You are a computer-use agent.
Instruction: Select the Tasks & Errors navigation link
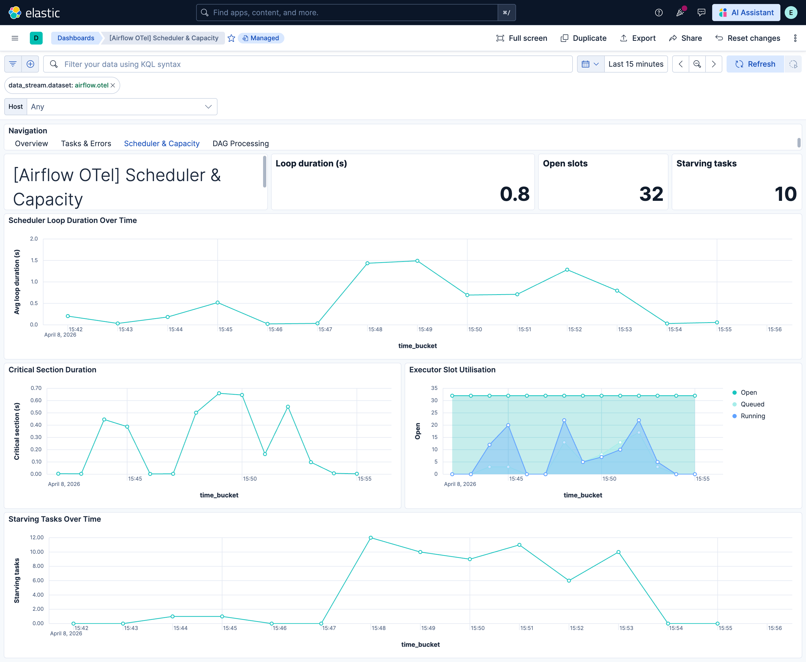tap(86, 143)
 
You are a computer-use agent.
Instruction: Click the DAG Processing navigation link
tap(240, 143)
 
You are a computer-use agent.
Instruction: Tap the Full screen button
tap(521, 38)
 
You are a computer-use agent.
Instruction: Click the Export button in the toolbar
tap(638, 38)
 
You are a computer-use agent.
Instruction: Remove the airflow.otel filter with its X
tap(113, 85)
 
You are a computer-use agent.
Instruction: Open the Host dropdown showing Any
tap(121, 107)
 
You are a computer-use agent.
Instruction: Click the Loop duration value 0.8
tap(514, 194)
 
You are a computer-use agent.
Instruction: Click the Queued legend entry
tap(752, 404)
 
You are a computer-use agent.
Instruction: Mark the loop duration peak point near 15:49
tap(417, 261)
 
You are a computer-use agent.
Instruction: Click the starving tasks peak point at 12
tap(371, 538)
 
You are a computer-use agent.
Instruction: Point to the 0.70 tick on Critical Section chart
tap(36, 388)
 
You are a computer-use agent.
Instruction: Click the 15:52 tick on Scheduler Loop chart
tap(575, 329)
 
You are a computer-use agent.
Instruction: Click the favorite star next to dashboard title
tap(231, 38)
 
